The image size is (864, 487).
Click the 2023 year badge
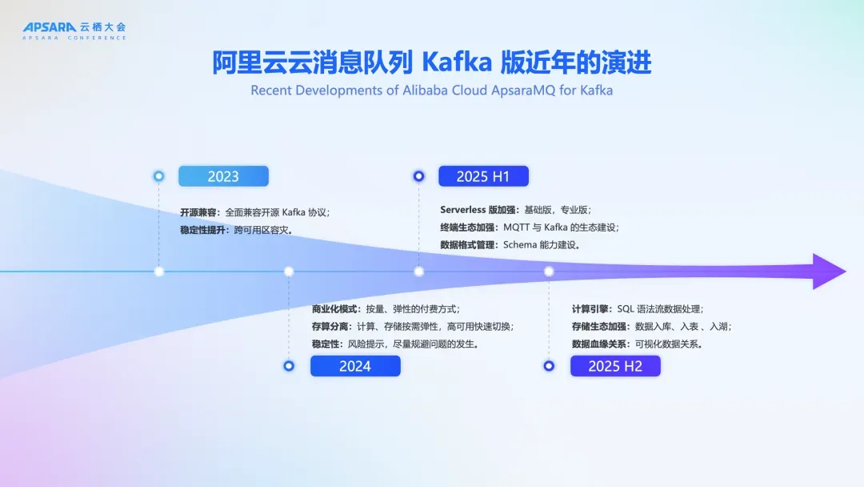(x=223, y=176)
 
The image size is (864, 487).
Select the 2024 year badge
(x=355, y=366)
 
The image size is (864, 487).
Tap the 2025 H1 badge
(x=483, y=176)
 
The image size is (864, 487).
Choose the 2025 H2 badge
(x=615, y=366)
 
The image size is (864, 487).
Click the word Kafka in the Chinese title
(x=457, y=62)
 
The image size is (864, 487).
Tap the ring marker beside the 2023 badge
(x=158, y=176)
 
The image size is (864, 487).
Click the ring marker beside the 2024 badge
(x=289, y=366)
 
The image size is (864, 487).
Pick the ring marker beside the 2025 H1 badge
(x=418, y=176)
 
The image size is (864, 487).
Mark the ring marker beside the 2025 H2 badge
(x=549, y=366)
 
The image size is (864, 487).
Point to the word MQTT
(x=516, y=227)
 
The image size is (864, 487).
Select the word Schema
(x=520, y=245)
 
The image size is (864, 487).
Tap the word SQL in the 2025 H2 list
(x=626, y=309)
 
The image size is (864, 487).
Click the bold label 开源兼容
(x=198, y=212)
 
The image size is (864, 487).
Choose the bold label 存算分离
(x=330, y=327)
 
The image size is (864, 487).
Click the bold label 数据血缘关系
(x=599, y=344)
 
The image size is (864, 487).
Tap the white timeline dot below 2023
(x=159, y=272)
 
